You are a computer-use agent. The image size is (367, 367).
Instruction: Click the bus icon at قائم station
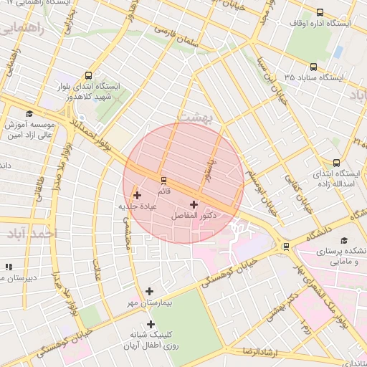tap(163, 179)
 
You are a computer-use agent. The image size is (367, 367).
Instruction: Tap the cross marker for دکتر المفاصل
tap(194, 204)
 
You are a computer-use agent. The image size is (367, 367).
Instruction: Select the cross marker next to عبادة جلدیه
tap(137, 195)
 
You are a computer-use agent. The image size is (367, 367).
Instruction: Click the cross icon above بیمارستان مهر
tap(149, 291)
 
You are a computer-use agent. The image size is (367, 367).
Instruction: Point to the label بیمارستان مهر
tap(148, 304)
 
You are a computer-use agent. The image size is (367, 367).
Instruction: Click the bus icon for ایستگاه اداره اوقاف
tap(320, 12)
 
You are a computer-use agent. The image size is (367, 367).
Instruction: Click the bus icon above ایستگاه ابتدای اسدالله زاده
tap(337, 163)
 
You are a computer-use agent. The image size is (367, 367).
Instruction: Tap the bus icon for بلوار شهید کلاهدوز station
tap(88, 75)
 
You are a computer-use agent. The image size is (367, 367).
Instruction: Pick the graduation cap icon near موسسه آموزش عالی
tap(29, 114)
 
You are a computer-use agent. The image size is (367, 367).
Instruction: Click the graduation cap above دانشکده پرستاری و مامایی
tap(344, 240)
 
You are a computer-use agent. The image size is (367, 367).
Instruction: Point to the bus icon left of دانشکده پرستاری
tap(287, 247)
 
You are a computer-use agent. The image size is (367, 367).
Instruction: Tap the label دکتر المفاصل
tap(195, 215)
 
